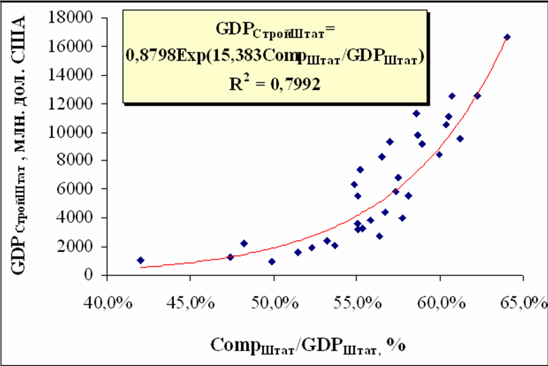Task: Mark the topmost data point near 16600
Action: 507,37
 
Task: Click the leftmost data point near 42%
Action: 141,260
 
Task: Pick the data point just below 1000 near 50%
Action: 272,262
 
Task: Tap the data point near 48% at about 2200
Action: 244,244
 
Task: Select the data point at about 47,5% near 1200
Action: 230,257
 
